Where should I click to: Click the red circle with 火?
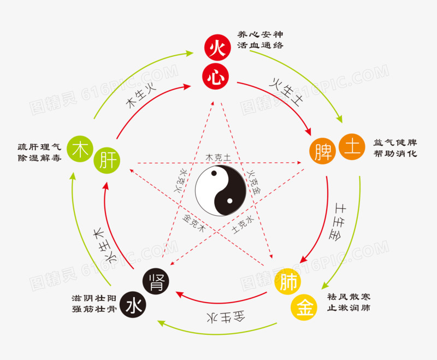point(217,48)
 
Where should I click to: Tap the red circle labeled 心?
point(215,76)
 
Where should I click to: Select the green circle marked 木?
point(80,149)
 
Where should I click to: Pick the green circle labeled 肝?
point(107,161)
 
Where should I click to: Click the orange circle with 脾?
point(323,151)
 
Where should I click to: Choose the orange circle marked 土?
point(352,147)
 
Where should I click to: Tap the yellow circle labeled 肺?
point(287,282)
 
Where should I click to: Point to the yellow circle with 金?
point(304,307)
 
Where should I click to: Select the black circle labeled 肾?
point(156,281)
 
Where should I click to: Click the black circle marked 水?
point(133,304)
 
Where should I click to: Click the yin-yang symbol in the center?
point(221,191)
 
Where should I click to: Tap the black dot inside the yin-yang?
point(214,173)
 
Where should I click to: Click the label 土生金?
point(338,221)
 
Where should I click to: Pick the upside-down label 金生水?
point(226,317)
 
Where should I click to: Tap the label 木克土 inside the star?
point(218,157)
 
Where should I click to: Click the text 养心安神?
point(261,34)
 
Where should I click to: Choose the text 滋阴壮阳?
point(94,298)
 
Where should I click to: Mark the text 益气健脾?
point(395,143)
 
